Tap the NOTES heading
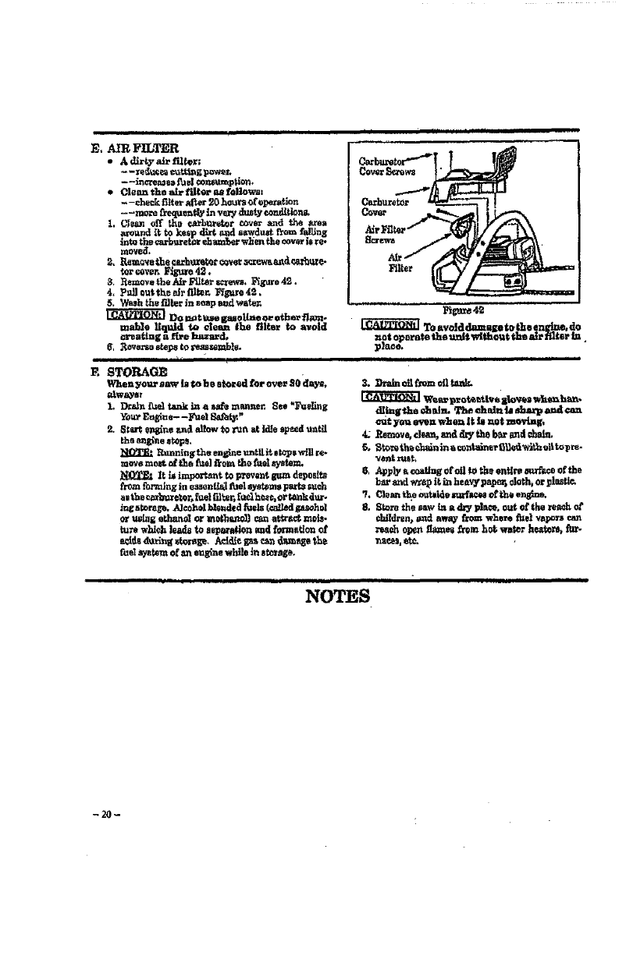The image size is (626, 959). (x=339, y=596)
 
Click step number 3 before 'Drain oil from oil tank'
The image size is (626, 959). (x=367, y=384)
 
